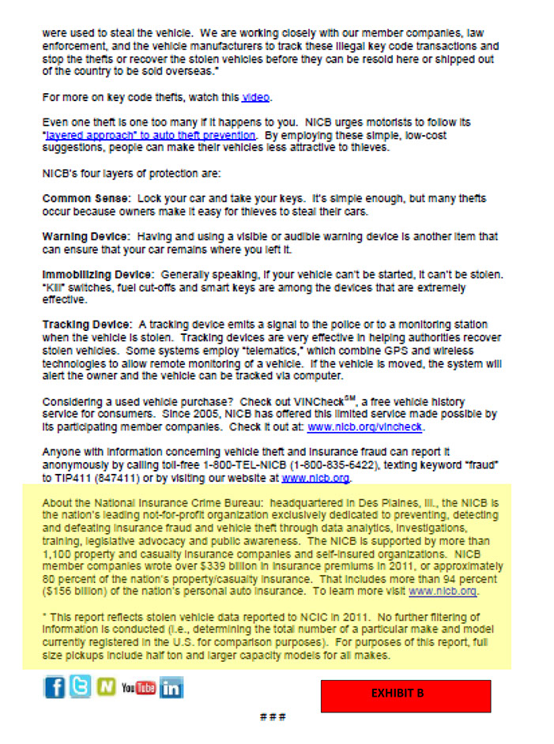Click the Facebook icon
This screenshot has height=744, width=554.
coord(55,687)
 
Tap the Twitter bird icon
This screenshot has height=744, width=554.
coord(80,687)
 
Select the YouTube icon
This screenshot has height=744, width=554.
coord(139,687)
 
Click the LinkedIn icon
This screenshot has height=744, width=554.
coord(171,687)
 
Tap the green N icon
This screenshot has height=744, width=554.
coord(106,687)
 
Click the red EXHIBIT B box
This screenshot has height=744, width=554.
coord(405,695)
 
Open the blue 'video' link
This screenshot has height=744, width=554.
coord(255,97)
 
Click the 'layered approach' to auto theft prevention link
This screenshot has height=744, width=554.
coord(149,135)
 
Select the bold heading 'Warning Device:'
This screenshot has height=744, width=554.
coord(86,236)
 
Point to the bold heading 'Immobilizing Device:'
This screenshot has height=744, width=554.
coord(97,274)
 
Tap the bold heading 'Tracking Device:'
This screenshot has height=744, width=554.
coord(87,325)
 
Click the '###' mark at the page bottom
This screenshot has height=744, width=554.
coord(271,717)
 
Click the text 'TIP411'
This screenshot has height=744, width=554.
coord(69,477)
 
